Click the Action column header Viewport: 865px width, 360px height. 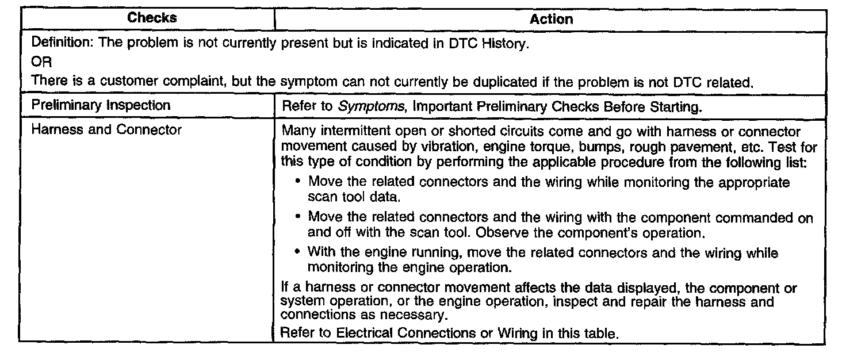(x=551, y=19)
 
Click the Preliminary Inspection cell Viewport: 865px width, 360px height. (x=101, y=105)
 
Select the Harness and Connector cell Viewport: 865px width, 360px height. (x=106, y=130)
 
